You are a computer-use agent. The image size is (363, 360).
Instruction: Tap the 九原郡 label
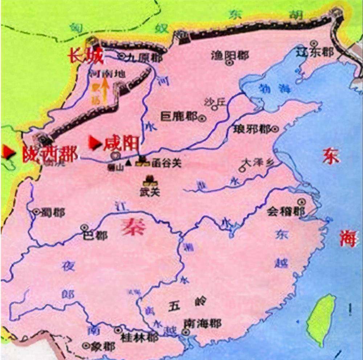point(139,56)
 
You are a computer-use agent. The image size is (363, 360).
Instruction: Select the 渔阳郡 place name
point(229,55)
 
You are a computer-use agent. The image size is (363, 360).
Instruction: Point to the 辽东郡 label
point(314,52)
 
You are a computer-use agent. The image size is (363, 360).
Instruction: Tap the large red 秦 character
point(134,228)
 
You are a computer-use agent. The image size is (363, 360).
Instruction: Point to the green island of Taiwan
point(321,319)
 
